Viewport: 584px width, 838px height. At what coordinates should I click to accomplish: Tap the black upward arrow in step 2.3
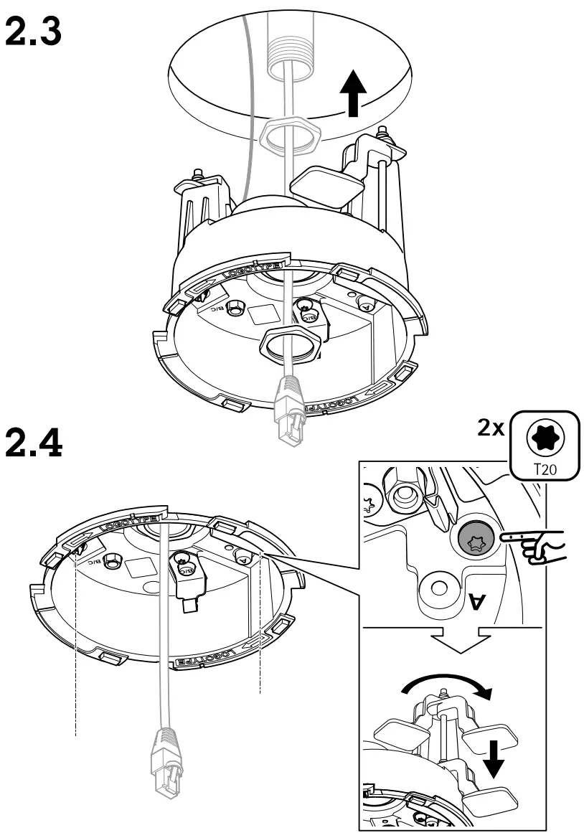352,93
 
